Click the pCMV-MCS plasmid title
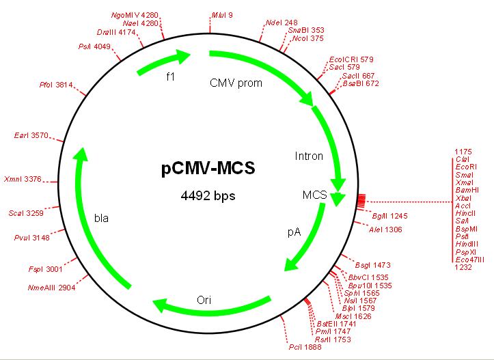tap(208, 168)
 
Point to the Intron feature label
tap(308, 156)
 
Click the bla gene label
tap(102, 219)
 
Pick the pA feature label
tap(293, 232)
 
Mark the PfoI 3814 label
tap(56, 85)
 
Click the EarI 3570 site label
tap(31, 136)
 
